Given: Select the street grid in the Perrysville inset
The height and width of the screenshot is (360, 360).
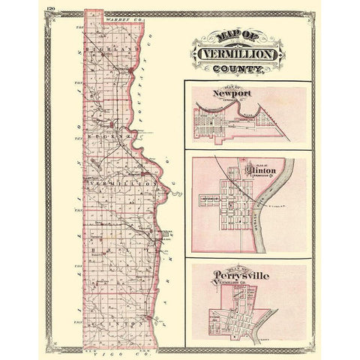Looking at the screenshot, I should pos(247,311).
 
